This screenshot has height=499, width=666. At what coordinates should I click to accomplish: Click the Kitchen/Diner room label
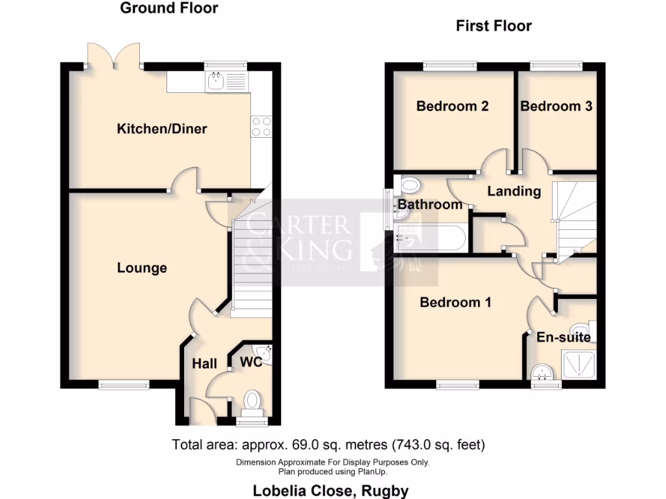point(161,129)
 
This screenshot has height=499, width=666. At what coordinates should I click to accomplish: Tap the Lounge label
point(142,268)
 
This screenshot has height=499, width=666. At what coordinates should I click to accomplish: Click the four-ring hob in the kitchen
point(261,126)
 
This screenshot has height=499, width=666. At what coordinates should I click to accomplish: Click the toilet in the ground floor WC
point(252,400)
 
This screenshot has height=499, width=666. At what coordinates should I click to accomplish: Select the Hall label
point(204,364)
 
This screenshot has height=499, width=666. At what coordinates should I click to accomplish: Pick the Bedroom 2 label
point(453,106)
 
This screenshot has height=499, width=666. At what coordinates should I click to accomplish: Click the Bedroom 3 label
point(556,106)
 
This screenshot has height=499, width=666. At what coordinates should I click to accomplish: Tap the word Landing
point(514,191)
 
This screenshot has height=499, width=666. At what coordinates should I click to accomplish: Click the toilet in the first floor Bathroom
point(410,186)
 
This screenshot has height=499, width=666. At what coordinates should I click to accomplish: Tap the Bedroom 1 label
point(455,302)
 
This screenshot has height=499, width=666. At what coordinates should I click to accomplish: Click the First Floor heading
point(494,26)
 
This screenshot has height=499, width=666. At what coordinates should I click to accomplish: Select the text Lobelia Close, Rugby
point(330,491)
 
